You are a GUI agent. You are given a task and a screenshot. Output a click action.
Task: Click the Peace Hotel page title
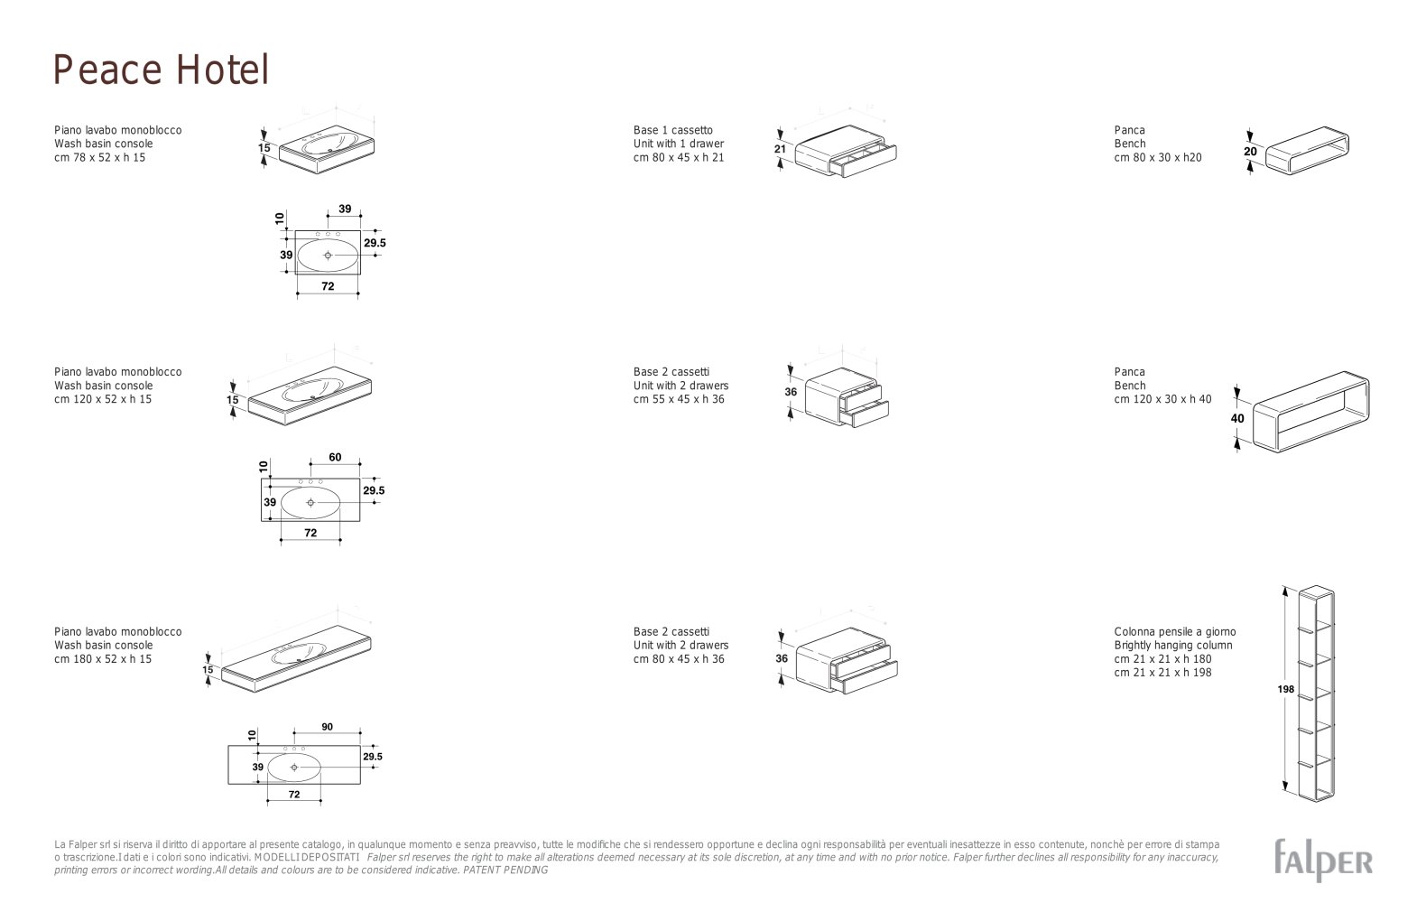(x=161, y=70)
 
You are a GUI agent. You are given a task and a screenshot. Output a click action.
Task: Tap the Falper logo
(x=1323, y=861)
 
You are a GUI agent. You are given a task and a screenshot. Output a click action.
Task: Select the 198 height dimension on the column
(x=1285, y=689)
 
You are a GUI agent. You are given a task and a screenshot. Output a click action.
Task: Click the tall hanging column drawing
(x=1316, y=694)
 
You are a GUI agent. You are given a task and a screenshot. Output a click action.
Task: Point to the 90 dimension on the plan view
(x=328, y=727)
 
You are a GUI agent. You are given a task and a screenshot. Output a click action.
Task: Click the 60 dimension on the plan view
(x=335, y=457)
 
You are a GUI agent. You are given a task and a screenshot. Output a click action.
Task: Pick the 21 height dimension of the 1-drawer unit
(x=780, y=149)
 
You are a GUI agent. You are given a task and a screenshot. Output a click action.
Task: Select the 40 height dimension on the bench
(x=1237, y=418)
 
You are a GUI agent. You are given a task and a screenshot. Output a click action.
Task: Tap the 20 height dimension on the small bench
(x=1250, y=152)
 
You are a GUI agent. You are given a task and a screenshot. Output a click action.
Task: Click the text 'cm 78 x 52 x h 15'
(x=100, y=157)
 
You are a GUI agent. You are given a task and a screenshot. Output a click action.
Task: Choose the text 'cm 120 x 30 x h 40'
(x=1162, y=399)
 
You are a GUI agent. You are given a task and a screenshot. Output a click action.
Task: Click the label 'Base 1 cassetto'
(x=673, y=130)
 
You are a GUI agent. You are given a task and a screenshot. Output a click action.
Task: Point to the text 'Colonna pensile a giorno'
(x=1174, y=632)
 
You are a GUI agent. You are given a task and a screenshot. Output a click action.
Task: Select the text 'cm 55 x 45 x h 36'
(x=679, y=399)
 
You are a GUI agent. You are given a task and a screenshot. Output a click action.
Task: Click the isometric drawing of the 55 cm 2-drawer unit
(x=847, y=396)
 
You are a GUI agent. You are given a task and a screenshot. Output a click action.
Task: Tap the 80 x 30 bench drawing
(x=1307, y=150)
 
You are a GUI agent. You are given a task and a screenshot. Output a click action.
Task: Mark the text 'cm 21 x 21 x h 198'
(x=1162, y=673)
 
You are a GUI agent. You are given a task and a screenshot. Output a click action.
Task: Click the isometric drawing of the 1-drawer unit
(x=846, y=151)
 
